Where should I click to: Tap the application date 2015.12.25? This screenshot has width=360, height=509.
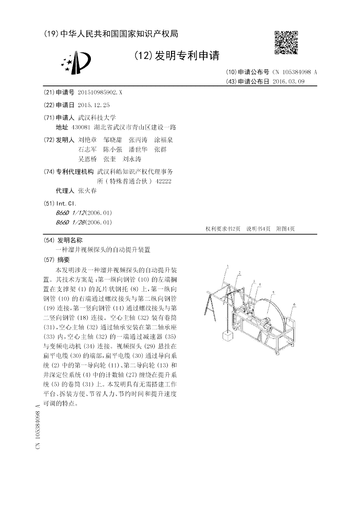pyautogui.click(x=94, y=104)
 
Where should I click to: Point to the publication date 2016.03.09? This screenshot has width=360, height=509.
pyautogui.click(x=288, y=81)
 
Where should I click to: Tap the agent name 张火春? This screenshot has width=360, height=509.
pyautogui.click(x=87, y=191)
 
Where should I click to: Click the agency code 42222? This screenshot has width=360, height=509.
pyautogui.click(x=163, y=181)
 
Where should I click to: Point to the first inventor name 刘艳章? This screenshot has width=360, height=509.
pyautogui.click(x=87, y=140)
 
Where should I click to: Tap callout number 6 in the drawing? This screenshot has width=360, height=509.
pyautogui.click(x=294, y=305)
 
